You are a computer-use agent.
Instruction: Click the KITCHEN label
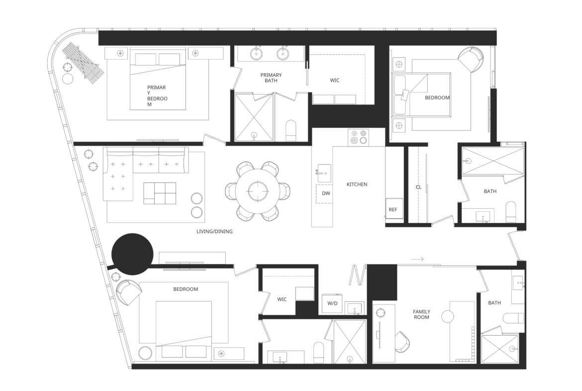(x=357, y=184)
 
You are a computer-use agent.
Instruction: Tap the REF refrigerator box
(x=392, y=210)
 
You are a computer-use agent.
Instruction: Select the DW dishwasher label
(x=326, y=193)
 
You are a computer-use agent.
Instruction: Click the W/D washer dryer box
(x=333, y=303)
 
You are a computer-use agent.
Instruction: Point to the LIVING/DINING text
(x=214, y=231)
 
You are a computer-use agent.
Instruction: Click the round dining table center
(x=258, y=191)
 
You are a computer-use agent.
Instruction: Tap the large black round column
(x=132, y=254)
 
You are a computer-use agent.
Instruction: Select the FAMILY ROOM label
(x=422, y=314)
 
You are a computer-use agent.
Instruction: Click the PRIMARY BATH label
(x=271, y=78)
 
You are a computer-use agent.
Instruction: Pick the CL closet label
(x=418, y=187)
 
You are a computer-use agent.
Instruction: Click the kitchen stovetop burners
(x=358, y=137)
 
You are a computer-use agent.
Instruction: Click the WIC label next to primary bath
(x=334, y=80)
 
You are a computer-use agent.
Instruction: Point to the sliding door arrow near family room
(x=417, y=260)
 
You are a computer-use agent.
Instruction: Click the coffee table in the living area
(x=160, y=193)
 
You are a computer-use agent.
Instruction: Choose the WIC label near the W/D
(x=282, y=299)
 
